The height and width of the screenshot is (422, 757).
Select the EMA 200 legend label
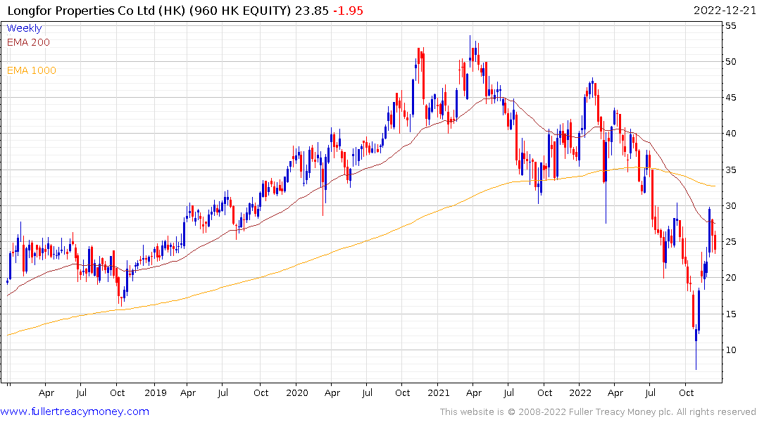(28, 42)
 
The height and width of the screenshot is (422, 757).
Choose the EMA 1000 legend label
(32, 70)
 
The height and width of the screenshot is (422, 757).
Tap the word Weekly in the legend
(24, 28)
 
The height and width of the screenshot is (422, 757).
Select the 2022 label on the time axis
(580, 392)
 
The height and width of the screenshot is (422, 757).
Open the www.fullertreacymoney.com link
(75, 411)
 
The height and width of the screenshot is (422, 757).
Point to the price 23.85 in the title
(313, 11)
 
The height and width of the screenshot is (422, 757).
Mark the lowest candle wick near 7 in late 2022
(696, 366)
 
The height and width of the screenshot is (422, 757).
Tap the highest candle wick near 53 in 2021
(471, 37)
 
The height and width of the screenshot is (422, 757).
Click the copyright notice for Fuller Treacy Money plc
(598, 412)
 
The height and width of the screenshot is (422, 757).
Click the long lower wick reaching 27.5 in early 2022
(606, 219)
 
